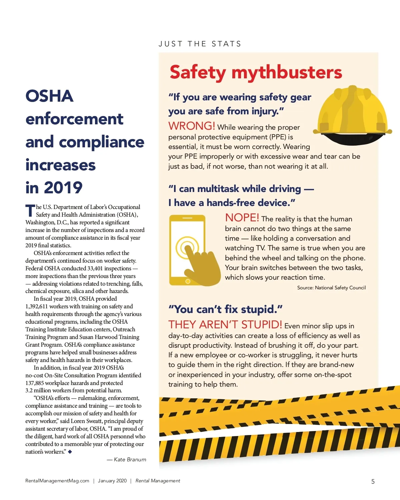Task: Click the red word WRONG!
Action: (x=192, y=126)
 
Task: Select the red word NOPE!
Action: (x=242, y=218)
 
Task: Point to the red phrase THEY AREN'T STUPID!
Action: (x=225, y=324)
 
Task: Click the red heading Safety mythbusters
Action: (x=256, y=72)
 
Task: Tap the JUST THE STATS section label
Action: (x=200, y=44)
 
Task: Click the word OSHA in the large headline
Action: (x=49, y=96)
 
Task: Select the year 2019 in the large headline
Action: (x=63, y=188)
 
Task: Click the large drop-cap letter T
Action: (x=30, y=211)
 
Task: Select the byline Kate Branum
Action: (x=130, y=459)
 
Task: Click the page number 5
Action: (x=373, y=481)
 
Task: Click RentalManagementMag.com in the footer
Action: (x=57, y=481)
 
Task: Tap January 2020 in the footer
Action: (x=112, y=481)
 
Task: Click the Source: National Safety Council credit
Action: (x=331, y=288)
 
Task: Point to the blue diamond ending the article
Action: (x=70, y=452)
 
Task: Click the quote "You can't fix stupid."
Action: (x=225, y=309)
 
